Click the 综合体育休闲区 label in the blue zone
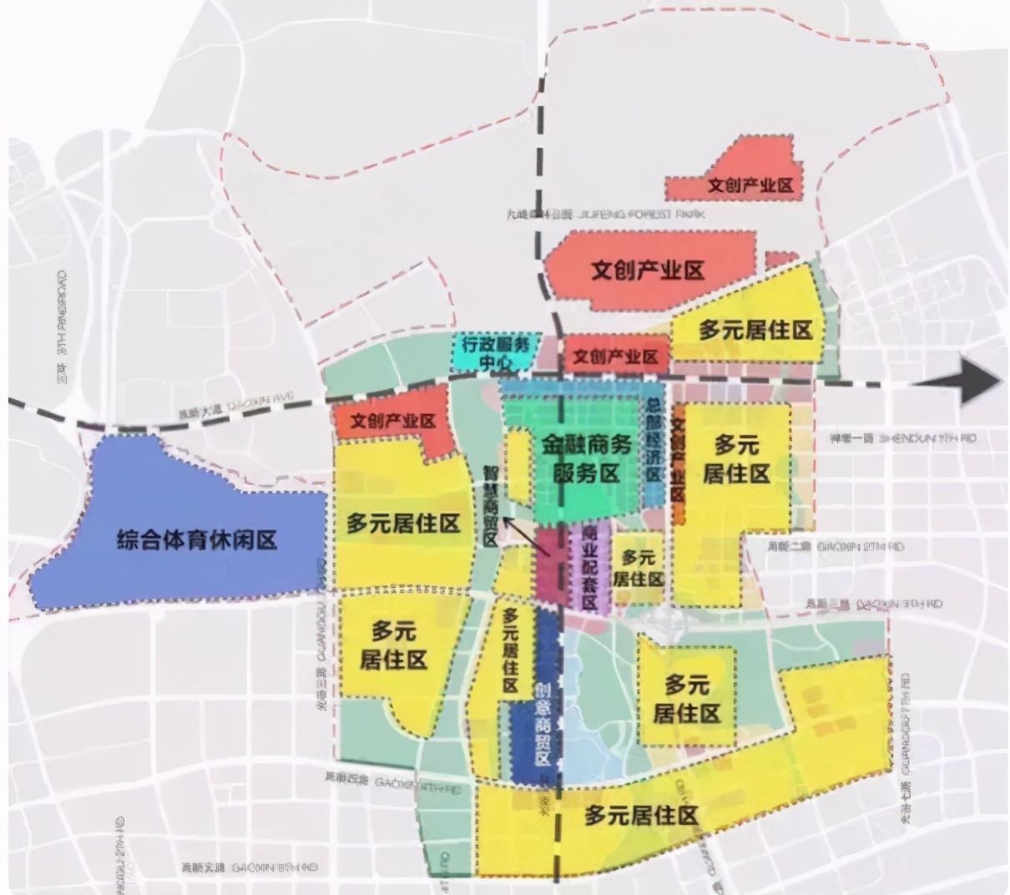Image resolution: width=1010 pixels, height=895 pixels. coord(197,539)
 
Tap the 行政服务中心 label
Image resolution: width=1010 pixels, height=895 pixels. coord(496,353)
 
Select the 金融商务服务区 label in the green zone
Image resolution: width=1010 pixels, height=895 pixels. coord(587,459)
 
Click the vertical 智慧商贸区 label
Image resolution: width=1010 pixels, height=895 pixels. coord(491,505)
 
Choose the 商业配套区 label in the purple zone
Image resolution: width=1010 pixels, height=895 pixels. coord(590,568)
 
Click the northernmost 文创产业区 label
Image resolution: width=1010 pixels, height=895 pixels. coord(750,185)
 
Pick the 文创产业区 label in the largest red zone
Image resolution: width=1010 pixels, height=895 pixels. coord(648,271)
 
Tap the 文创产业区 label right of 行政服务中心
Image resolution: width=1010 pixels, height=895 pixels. coord(615,357)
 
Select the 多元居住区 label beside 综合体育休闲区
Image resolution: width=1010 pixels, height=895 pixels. coord(404,524)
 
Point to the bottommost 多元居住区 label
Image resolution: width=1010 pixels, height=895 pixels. coord(641,816)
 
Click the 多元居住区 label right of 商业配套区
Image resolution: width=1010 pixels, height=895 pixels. coord(639,568)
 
